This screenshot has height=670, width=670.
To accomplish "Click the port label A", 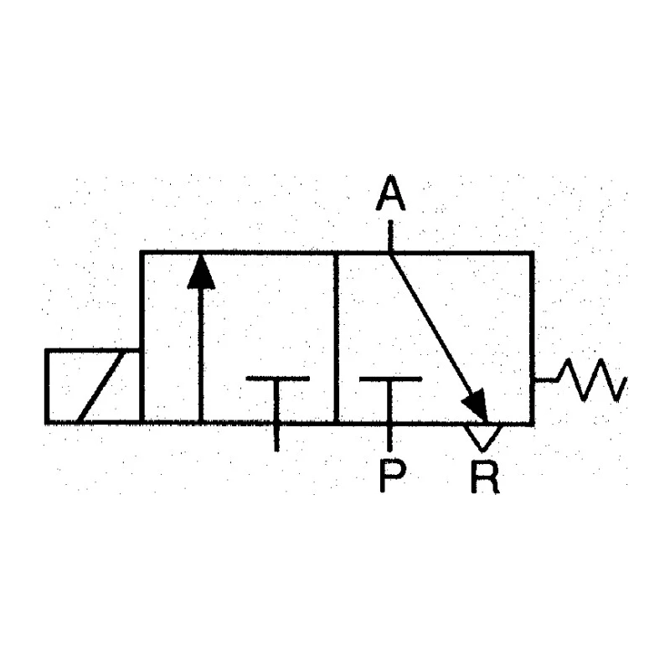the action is pyautogui.click(x=390, y=193).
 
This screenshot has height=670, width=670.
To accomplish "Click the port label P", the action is pyautogui.click(x=392, y=477).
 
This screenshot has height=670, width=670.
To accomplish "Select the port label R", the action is pyautogui.click(x=485, y=477).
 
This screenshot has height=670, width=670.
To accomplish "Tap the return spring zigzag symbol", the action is pyautogui.click(x=592, y=380).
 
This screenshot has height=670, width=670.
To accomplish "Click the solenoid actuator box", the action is pyautogui.click(x=93, y=387).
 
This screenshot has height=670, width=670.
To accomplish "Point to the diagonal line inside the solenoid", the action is pyautogui.click(x=102, y=387).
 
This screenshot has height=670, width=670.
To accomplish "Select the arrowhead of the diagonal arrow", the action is pyautogui.click(x=476, y=405).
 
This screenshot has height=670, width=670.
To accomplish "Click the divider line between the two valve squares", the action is pyautogui.click(x=337, y=338).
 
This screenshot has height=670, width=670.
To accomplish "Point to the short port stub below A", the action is pyautogui.click(x=390, y=235).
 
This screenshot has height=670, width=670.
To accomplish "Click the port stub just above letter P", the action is pyautogui.click(x=389, y=437).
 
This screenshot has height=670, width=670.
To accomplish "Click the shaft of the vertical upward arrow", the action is pyautogui.click(x=201, y=355).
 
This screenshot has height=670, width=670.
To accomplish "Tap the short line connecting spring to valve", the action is pyautogui.click(x=545, y=379).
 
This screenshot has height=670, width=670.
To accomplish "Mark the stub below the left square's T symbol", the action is pyautogui.click(x=277, y=437).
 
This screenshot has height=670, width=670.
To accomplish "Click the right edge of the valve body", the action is pyautogui.click(x=532, y=338).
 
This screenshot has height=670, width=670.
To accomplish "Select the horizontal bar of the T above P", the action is pyautogui.click(x=390, y=379).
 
